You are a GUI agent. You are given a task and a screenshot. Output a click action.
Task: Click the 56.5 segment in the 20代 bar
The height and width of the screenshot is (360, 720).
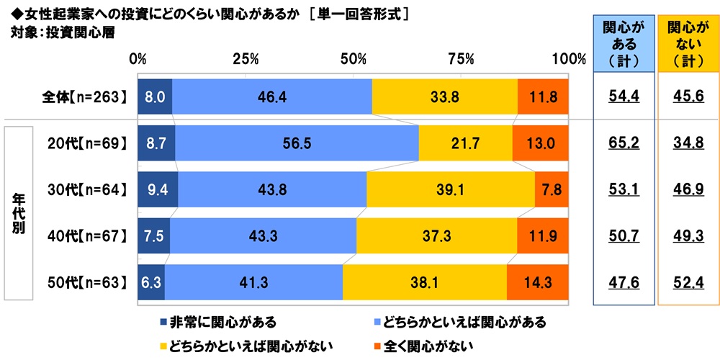(x=297, y=143)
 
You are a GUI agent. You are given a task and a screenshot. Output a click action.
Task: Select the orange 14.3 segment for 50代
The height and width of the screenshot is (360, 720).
(x=537, y=283)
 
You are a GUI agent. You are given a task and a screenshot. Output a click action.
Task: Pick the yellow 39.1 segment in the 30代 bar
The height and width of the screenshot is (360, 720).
(x=450, y=190)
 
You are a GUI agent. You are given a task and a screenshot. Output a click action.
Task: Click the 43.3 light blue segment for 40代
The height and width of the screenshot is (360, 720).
(x=263, y=236)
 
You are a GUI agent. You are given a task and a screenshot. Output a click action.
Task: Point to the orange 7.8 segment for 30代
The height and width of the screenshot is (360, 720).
(x=552, y=190)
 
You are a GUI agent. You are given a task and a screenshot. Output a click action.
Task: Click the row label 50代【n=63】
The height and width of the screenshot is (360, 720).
(x=81, y=283)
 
